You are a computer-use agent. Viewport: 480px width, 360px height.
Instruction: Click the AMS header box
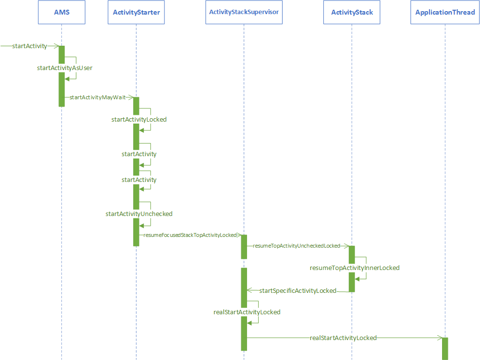[x=61, y=12]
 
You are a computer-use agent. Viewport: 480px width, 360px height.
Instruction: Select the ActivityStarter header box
[x=136, y=12]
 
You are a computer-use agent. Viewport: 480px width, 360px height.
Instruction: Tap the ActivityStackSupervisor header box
[x=244, y=12]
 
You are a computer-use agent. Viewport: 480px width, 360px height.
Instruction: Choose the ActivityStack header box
[x=352, y=12]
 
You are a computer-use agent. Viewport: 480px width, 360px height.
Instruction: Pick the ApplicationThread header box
[x=444, y=12]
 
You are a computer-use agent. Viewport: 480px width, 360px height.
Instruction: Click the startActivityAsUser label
[x=65, y=68]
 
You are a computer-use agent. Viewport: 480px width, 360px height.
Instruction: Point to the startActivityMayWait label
[x=97, y=97]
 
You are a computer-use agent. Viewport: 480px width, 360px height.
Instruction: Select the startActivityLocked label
[x=139, y=119]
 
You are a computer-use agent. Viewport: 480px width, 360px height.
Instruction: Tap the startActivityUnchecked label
[x=139, y=214]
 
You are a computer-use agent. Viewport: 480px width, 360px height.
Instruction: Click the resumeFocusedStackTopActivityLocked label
[x=190, y=235]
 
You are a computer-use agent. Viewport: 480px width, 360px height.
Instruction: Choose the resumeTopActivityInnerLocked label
[x=355, y=268]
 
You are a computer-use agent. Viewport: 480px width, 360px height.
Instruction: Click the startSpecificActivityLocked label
[x=298, y=291]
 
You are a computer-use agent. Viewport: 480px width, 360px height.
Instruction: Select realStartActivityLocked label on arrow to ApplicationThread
[x=343, y=338]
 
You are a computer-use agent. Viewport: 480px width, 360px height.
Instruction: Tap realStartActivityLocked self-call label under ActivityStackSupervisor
[x=247, y=312]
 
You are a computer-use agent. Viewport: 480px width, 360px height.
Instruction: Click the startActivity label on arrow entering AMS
[x=30, y=46]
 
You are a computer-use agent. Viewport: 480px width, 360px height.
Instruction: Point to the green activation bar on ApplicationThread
[x=444, y=348]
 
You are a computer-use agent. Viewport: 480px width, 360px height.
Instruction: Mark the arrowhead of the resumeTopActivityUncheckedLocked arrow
[x=346, y=246]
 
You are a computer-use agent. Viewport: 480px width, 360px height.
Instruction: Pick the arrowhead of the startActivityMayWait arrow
[x=130, y=97]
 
